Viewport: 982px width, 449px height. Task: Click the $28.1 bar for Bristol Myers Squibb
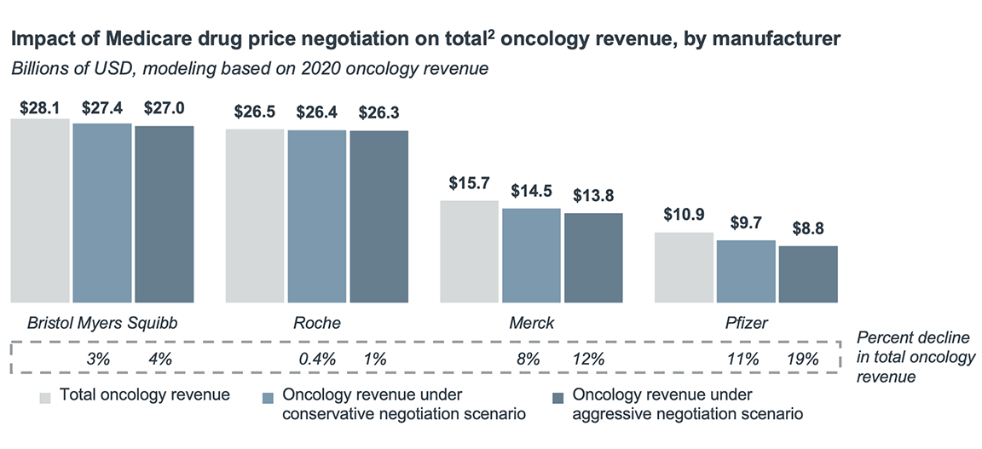(40, 210)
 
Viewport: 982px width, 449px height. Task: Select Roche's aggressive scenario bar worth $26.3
(379, 216)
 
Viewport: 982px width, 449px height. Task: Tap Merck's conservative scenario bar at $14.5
(531, 256)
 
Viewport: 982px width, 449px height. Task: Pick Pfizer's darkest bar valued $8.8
(808, 274)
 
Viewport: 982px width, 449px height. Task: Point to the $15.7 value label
(469, 183)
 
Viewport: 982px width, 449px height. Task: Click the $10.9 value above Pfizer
(684, 216)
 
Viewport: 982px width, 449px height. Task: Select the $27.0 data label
(165, 108)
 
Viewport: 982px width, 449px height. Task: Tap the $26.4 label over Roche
(316, 112)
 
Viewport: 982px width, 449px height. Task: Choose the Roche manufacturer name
(316, 324)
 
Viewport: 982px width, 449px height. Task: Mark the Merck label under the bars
(531, 324)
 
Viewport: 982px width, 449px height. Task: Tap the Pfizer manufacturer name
(746, 324)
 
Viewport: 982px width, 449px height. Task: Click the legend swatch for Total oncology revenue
(44, 396)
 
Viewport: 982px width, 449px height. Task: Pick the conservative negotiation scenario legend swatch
(268, 396)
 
